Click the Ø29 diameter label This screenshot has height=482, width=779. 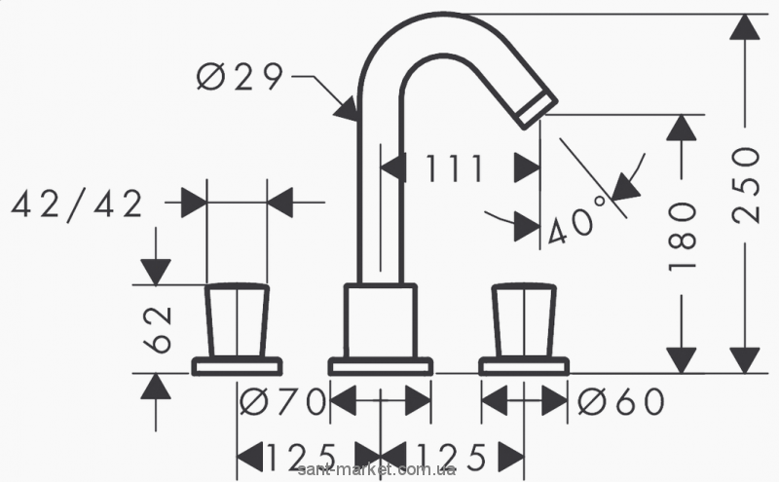pos(240,78)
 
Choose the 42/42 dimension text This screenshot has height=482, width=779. pos(77,204)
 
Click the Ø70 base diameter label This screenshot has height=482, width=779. pos(282,399)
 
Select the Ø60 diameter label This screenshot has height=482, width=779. pos(620,399)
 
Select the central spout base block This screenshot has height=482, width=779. pos(380,321)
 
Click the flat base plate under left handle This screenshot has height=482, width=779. pos(237,366)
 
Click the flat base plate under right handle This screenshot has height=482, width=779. pos(524,366)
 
